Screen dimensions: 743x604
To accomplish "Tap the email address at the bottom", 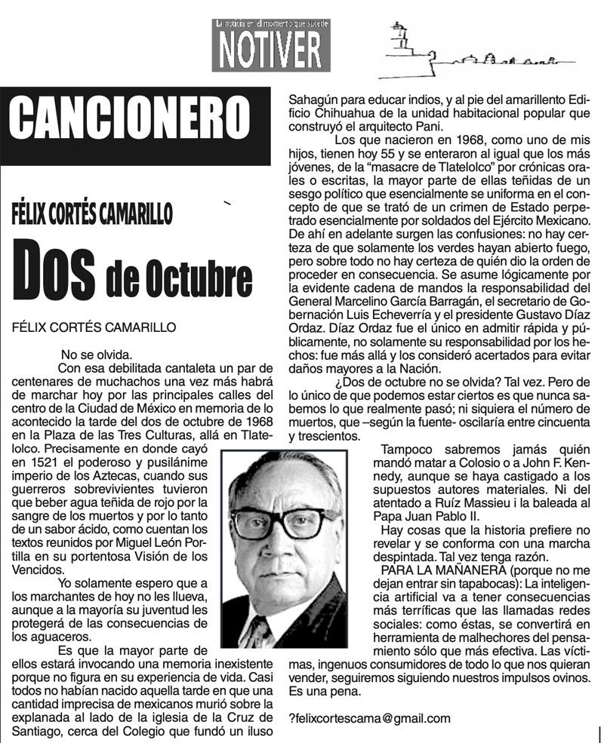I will coord(369,718).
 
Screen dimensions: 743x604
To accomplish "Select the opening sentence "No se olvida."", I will coord(97,353).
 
